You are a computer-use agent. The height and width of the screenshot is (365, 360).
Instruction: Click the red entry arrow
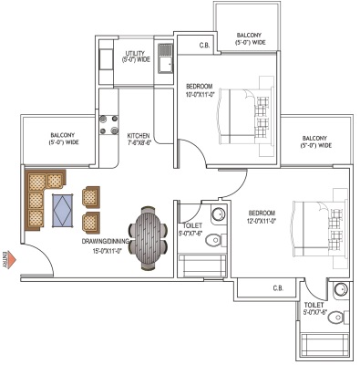tap(11, 260)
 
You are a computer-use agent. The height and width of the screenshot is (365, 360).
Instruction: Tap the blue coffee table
tap(63, 210)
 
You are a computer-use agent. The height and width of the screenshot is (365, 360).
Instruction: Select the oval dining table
tap(148, 238)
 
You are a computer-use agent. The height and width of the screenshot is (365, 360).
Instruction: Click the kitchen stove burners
tap(108, 124)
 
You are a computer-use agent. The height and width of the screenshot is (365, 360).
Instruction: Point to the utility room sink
tap(165, 59)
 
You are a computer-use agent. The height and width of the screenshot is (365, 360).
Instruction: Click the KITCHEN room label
tap(139, 136)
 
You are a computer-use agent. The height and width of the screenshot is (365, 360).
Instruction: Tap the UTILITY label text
tap(135, 54)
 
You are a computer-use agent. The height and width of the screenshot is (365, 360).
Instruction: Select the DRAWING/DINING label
tap(105, 242)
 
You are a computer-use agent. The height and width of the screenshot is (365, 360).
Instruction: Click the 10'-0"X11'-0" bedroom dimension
tap(201, 95)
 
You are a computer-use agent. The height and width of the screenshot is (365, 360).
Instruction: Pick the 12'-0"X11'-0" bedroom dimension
tap(262, 221)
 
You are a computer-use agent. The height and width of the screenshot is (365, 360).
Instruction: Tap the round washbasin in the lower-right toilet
tap(341, 289)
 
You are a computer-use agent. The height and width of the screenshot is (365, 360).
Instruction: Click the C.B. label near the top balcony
tap(204, 46)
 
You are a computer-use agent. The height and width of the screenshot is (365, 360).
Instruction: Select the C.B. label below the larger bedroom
tap(278, 287)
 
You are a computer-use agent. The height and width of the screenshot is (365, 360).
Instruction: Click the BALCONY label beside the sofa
tap(63, 135)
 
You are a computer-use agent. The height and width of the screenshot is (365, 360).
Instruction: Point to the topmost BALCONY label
tap(249, 36)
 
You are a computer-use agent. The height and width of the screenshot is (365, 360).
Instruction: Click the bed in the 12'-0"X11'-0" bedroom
tap(319, 228)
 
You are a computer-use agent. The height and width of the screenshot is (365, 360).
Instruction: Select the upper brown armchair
tap(91, 197)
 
